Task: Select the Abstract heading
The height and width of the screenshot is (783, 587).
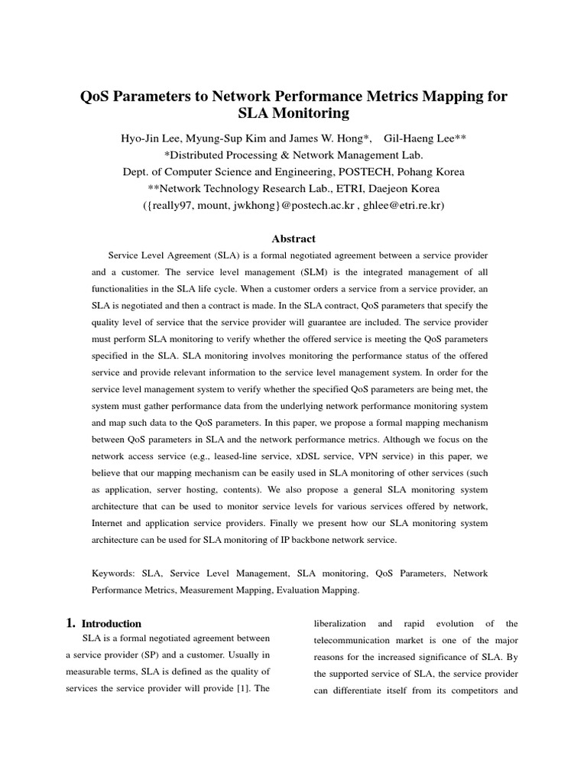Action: pyautogui.click(x=293, y=239)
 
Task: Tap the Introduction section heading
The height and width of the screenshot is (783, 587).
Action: pyautogui.click(x=112, y=623)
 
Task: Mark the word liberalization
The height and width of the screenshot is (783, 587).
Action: pyautogui.click(x=340, y=623)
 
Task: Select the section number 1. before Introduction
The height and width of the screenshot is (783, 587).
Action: pyautogui.click(x=71, y=623)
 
